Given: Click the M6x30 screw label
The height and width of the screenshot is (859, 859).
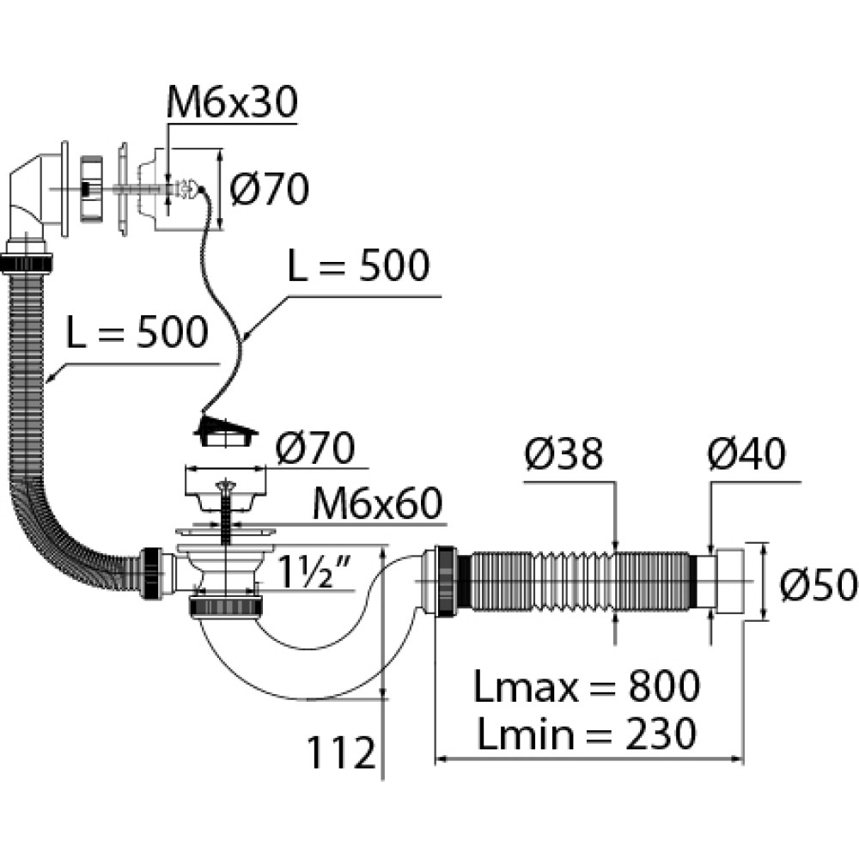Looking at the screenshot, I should [231, 103].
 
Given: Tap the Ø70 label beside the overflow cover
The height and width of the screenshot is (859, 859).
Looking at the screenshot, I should [270, 189].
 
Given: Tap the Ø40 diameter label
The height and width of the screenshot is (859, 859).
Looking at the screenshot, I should [746, 456].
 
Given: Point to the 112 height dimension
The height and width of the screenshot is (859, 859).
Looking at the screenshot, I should [342, 754].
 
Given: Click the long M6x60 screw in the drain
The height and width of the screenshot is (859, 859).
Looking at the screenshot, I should [228, 524].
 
